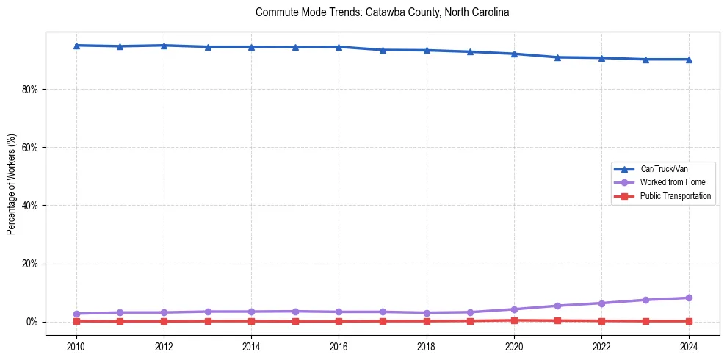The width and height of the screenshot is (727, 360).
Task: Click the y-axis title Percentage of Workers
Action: [x=11, y=184]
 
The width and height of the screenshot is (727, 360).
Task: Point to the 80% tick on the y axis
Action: [x=30, y=89]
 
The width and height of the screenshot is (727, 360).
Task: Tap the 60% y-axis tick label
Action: [x=30, y=147]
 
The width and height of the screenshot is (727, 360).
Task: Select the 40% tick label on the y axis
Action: [x=30, y=205]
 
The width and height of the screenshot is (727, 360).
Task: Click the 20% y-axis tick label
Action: [x=30, y=264]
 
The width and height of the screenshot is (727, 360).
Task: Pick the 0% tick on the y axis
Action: [x=32, y=322]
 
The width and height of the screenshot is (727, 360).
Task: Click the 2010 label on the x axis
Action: [x=76, y=345]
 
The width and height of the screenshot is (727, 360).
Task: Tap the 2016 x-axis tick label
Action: [x=339, y=345]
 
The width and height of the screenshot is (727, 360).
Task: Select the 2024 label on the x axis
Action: [x=689, y=345]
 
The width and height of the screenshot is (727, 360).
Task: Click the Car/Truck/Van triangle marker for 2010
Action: [x=76, y=46]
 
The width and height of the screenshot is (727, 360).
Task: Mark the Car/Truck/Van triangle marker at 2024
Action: [x=689, y=60]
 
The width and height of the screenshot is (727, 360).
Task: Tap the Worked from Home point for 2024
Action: [x=689, y=298]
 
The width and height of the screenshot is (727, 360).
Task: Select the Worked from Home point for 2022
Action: [x=601, y=303]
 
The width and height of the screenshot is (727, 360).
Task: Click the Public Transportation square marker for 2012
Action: [x=164, y=321]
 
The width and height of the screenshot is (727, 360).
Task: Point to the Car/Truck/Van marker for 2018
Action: [x=427, y=50]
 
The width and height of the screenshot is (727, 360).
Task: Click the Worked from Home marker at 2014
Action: [x=251, y=312]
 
